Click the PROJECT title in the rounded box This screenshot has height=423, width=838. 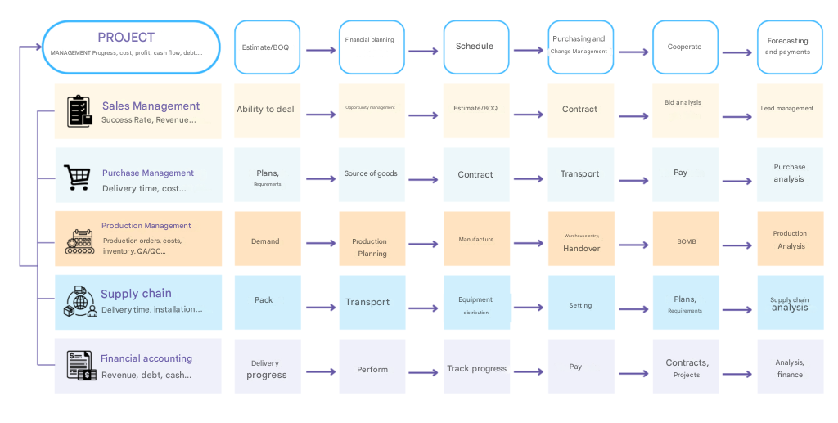126,38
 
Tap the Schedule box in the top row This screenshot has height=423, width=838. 475,47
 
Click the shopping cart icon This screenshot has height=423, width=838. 77,177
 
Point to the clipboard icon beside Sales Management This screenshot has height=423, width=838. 79,110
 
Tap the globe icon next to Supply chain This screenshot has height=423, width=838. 80,302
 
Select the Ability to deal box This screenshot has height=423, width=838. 266,110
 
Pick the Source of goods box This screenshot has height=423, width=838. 372,174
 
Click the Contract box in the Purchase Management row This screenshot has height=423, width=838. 475,174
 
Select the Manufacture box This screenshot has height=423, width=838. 475,239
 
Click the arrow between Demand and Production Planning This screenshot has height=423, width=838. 321,244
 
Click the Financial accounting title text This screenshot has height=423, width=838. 146,358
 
